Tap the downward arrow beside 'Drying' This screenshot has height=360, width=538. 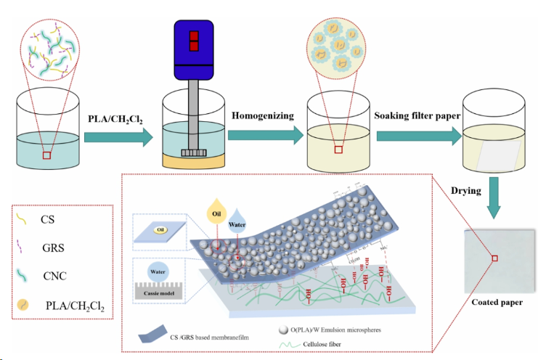pyautogui.click(x=494, y=194)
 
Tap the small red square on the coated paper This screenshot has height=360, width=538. pyautogui.click(x=494, y=258)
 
